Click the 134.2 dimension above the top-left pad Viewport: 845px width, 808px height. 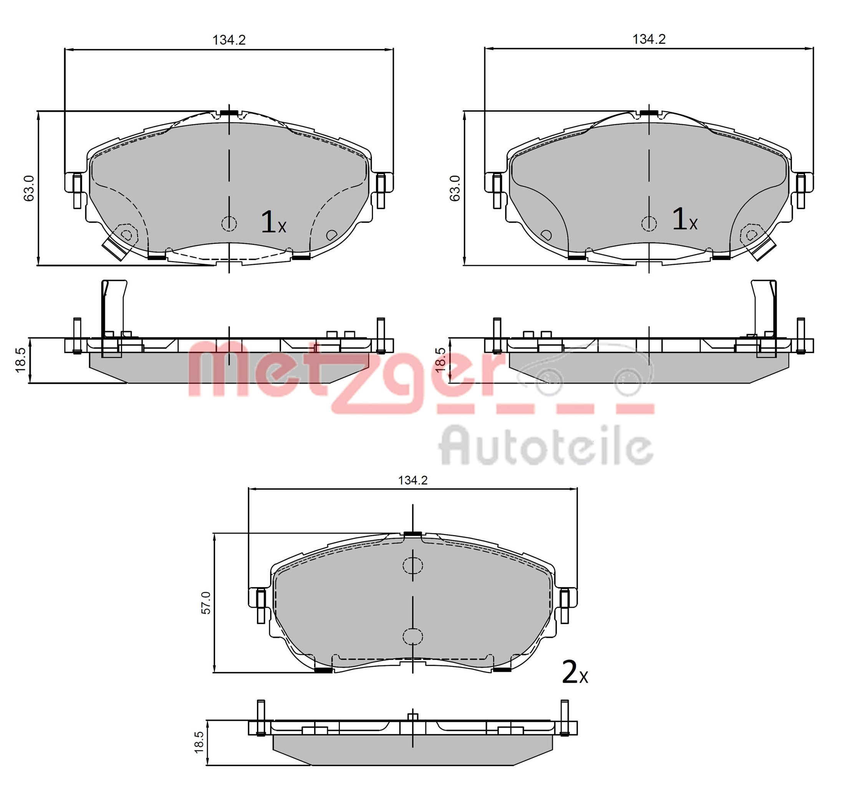[229, 40]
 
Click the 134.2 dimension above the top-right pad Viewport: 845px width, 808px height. [648, 39]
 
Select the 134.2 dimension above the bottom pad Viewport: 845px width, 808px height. [413, 480]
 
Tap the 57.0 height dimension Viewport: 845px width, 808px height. [206, 602]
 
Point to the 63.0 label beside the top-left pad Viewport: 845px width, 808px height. [29, 188]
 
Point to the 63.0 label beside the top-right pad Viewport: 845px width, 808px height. [454, 188]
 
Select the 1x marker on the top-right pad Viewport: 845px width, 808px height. [684, 219]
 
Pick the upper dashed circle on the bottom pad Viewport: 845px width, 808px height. [413, 565]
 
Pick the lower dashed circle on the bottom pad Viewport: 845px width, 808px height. [413, 636]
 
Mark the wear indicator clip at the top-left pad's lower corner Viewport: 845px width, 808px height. [113, 249]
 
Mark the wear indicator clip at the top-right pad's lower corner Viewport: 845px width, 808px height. [765, 249]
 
